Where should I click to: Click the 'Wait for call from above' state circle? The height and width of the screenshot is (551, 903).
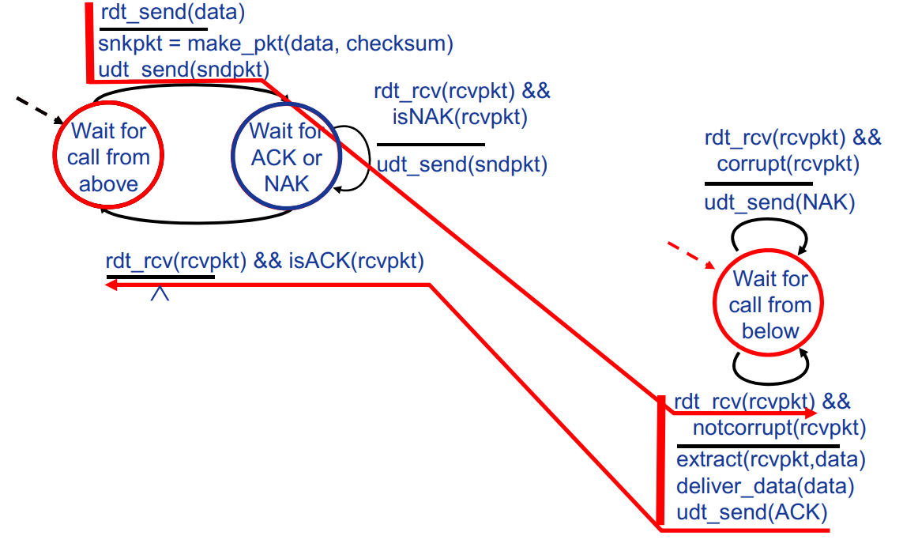[107, 157]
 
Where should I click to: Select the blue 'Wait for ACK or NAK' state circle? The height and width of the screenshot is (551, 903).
[285, 157]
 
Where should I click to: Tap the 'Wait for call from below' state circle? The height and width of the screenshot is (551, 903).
[769, 304]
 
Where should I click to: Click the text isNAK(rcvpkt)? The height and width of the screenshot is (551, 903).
[459, 117]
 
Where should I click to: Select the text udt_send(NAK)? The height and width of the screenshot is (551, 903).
[780, 202]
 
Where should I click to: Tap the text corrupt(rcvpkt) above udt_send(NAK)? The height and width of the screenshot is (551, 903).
[788, 164]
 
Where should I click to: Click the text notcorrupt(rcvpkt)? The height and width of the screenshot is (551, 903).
[779, 428]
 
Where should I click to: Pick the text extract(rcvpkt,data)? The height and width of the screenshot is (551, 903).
[771, 459]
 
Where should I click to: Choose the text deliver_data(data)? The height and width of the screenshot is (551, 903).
[765, 486]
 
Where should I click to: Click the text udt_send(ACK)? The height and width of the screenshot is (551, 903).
[751, 512]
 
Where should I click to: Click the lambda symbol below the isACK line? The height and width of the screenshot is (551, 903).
[160, 293]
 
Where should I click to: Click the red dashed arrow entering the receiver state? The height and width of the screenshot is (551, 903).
[690, 255]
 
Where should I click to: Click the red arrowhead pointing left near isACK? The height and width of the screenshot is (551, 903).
[113, 285]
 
